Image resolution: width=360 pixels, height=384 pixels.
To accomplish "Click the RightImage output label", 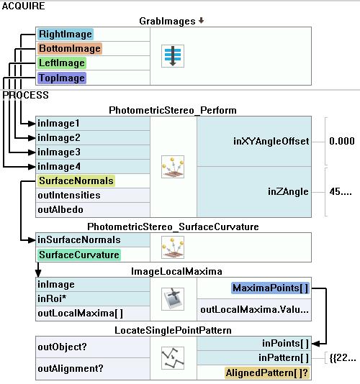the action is point(66,34).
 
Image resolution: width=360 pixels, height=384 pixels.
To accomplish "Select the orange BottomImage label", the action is point(70,48).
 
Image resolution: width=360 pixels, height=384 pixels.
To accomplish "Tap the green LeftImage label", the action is point(62,63).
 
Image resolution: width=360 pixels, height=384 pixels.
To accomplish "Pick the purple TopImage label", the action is point(62,78).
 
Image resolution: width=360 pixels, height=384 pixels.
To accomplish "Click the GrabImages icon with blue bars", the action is point(173,56).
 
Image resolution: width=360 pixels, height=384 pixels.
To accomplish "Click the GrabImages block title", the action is point(167,21).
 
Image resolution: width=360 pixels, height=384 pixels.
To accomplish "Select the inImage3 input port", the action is point(59,152).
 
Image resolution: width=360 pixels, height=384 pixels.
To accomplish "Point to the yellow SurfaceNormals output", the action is point(76,180).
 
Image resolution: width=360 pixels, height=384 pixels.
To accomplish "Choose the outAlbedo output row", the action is point(60,210).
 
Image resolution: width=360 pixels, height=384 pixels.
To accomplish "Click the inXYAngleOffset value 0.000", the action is point(342,141).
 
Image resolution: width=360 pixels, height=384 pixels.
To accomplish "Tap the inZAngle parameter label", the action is point(288,191).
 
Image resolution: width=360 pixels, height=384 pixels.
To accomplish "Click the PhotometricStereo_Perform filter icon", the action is point(173,167).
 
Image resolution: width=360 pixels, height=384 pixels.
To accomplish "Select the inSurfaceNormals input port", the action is point(79,239).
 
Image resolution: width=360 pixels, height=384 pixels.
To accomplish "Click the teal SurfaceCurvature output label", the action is point(79,255).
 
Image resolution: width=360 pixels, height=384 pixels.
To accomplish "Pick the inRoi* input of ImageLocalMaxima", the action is point(52,298).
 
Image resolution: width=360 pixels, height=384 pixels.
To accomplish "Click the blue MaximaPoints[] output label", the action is point(270,288).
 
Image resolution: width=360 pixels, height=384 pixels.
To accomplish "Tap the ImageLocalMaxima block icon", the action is point(173,299).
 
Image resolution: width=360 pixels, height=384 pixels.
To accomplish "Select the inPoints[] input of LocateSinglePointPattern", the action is point(285,343).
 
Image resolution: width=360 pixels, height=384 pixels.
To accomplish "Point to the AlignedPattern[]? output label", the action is point(267,372).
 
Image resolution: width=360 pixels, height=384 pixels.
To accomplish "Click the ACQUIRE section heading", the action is point(23,6).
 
